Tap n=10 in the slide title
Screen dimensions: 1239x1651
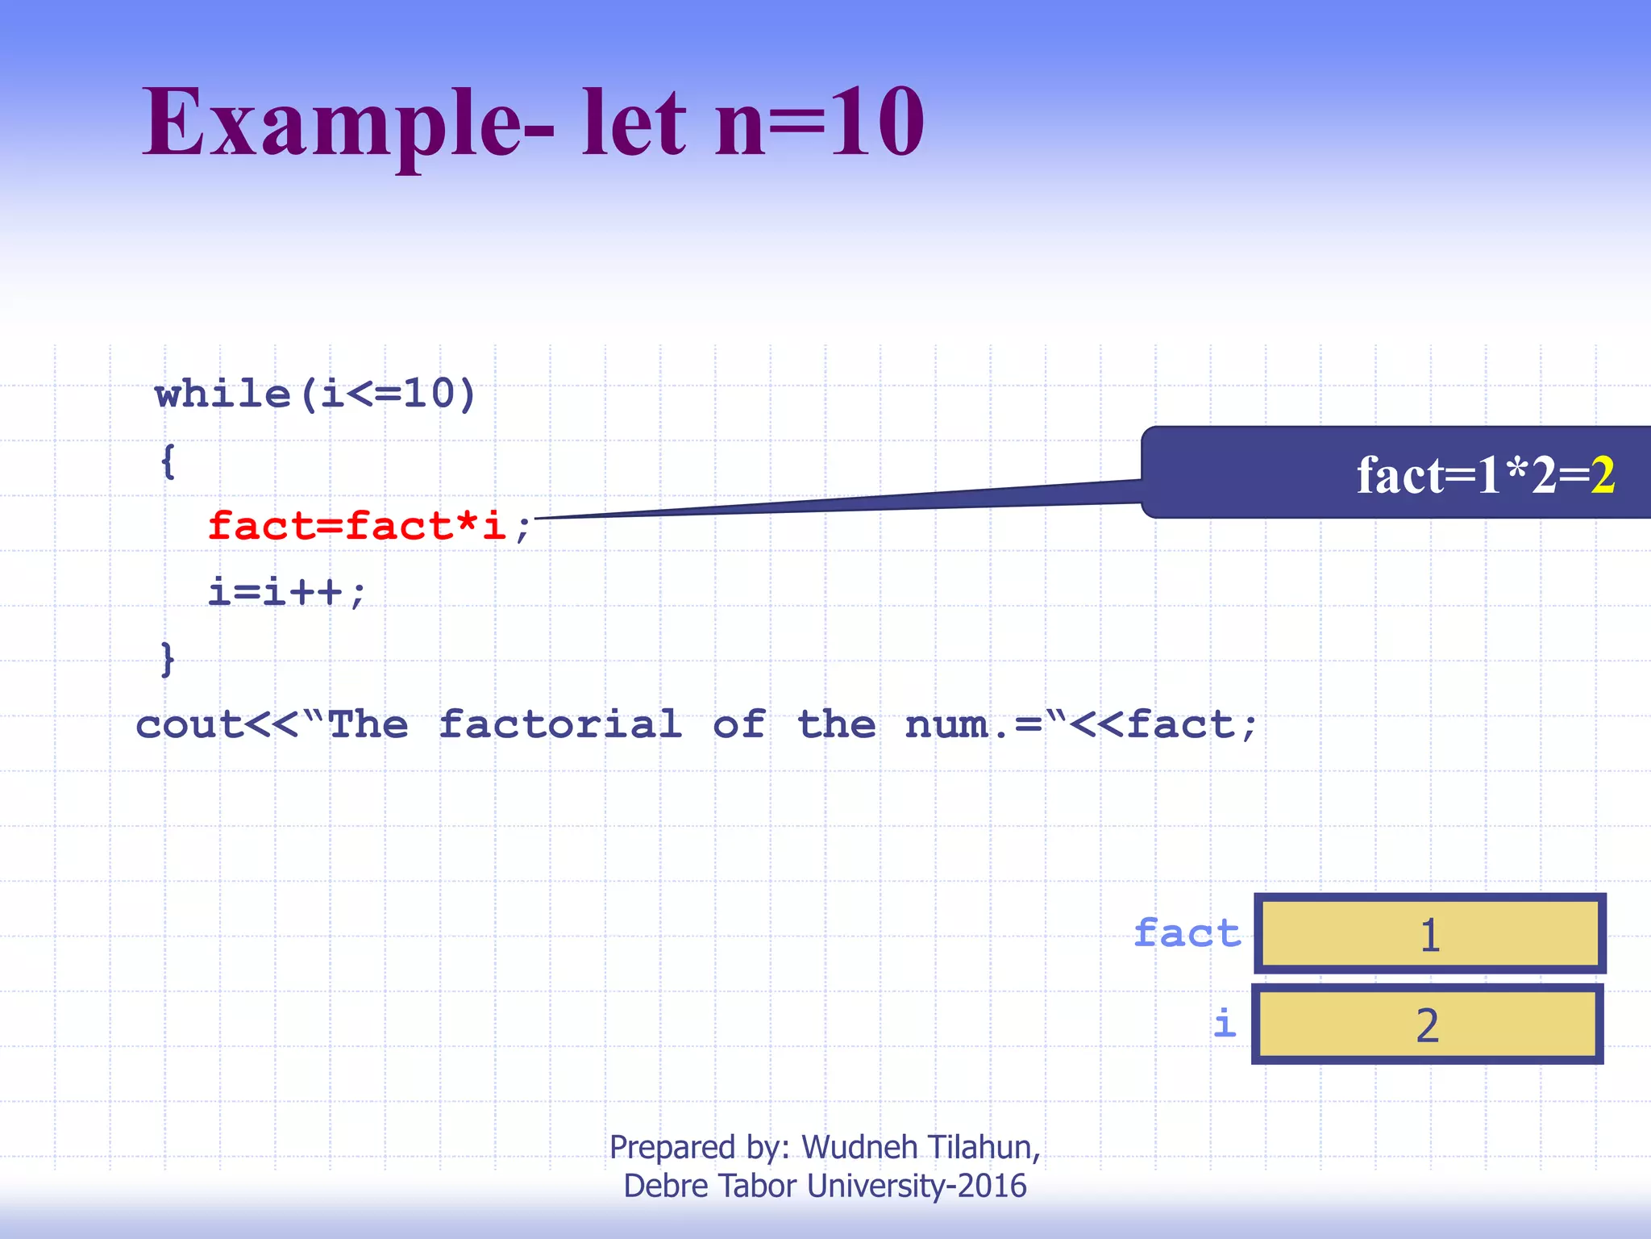(818, 123)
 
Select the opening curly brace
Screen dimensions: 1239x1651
(168, 461)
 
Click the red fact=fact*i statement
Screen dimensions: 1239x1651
(356, 526)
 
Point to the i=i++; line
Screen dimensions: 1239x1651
(286, 592)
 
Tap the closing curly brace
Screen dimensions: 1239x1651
(168, 659)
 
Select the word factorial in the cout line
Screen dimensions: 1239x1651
(560, 724)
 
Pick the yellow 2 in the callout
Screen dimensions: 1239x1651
(1603, 475)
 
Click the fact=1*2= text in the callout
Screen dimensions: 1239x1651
(1471, 475)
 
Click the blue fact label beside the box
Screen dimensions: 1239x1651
(1187, 933)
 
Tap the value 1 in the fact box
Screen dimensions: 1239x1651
(1429, 935)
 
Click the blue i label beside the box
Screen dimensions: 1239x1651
(1225, 1024)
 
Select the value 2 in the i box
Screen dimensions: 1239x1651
(1427, 1025)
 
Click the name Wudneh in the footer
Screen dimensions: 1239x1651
(859, 1147)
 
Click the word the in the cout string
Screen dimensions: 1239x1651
(836, 724)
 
